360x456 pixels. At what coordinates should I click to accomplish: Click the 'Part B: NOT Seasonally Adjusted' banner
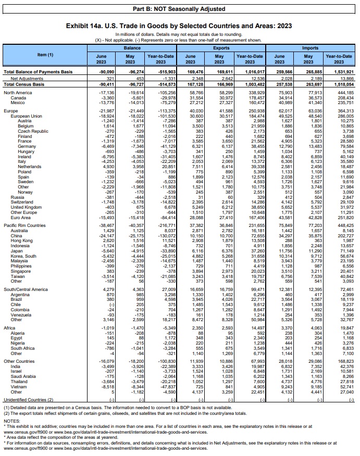179,9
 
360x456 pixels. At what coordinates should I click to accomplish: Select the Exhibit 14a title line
180,26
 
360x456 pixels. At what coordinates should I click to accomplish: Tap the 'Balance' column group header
131,47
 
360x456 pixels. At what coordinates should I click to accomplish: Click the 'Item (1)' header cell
45,55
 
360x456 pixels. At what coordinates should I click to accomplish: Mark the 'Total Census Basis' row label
24,84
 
